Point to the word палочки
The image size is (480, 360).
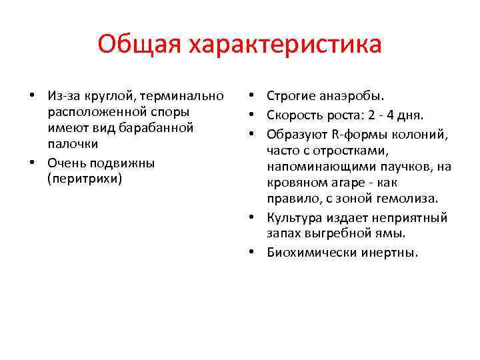(x=73, y=143)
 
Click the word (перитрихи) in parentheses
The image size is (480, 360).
(x=85, y=179)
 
